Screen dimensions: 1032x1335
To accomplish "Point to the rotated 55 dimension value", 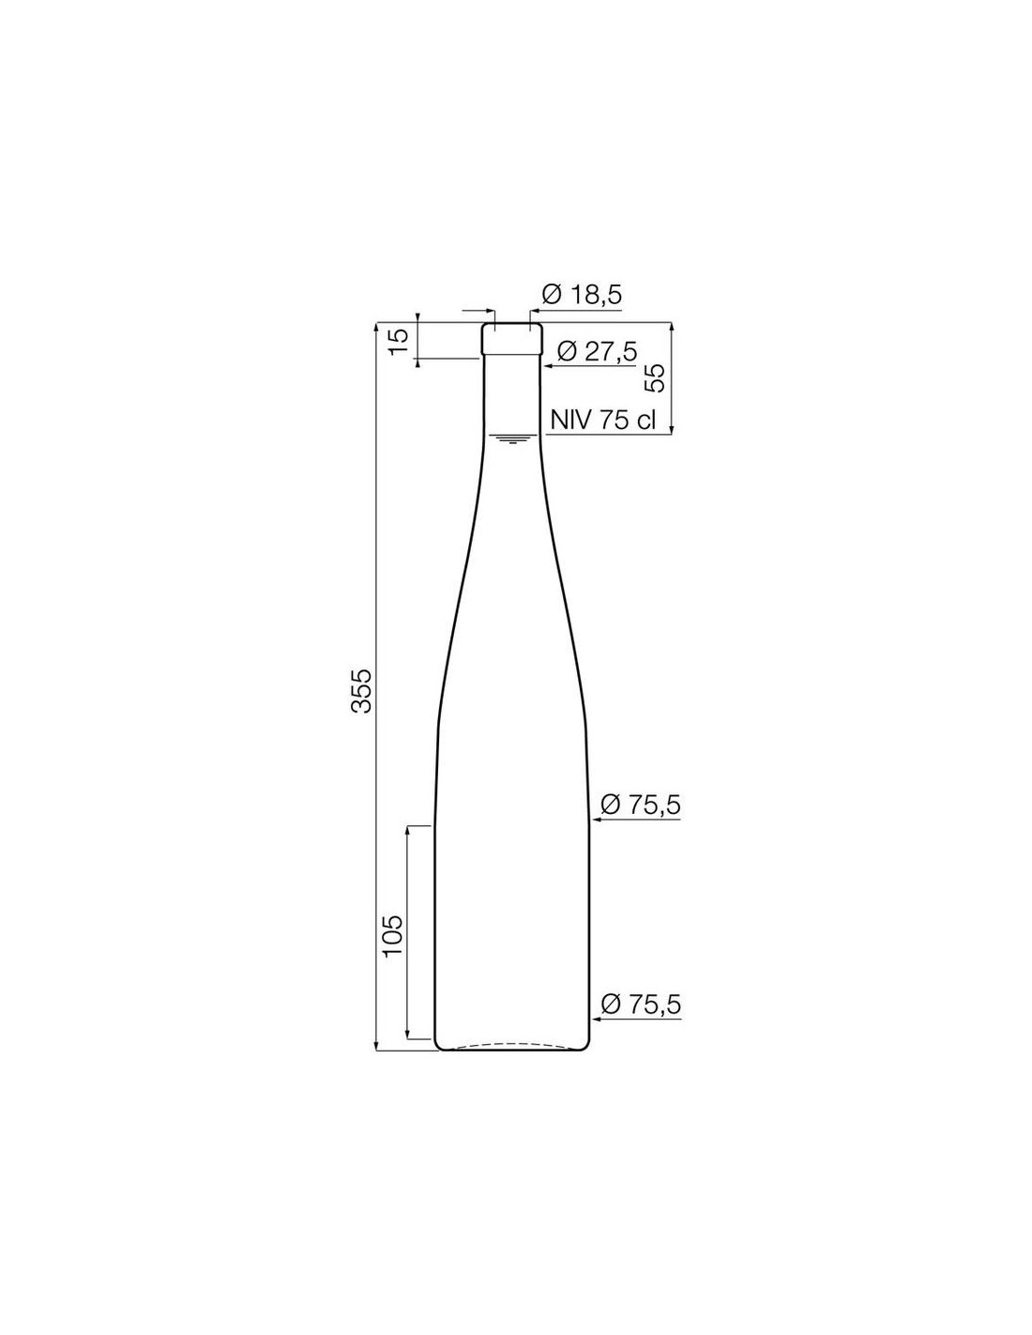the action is pos(655,377).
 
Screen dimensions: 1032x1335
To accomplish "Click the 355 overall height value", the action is pos(361,690).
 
